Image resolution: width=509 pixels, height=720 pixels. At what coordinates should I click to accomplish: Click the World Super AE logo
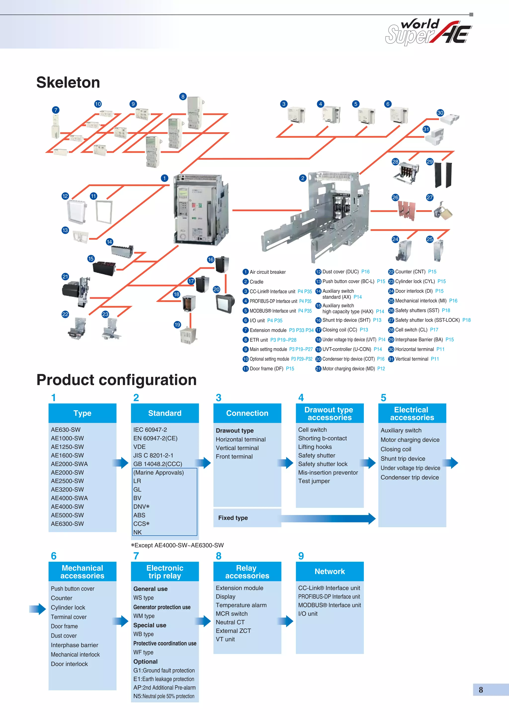[428, 32]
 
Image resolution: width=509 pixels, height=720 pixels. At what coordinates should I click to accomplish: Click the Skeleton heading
[68, 82]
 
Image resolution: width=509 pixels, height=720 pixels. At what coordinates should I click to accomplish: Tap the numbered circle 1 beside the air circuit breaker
[164, 178]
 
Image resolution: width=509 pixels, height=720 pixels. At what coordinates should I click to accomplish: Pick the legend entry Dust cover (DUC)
[340, 272]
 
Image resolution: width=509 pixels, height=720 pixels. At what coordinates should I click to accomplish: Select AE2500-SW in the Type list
[67, 481]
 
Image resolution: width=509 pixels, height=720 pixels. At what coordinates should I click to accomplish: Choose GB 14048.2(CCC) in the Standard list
[157, 464]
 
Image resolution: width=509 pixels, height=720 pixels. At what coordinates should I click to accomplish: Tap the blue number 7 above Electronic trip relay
[136, 556]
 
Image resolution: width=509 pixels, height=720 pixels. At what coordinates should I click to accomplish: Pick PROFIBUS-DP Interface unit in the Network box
[329, 597]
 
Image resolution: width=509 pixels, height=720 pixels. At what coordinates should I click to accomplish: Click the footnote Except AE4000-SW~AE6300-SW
[177, 545]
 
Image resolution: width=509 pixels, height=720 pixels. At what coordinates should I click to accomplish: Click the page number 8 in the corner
[481, 690]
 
